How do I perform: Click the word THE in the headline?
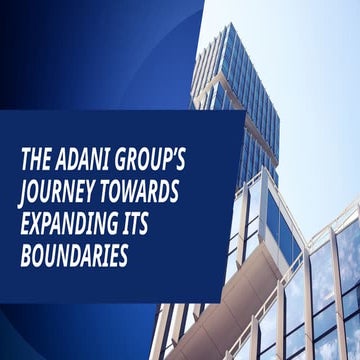click(x=41, y=159)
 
